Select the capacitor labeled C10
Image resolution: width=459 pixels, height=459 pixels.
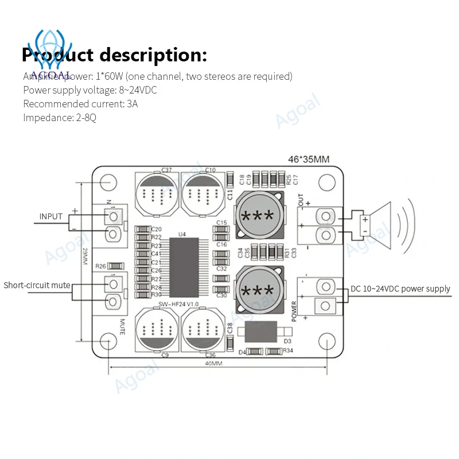click(x=201, y=193)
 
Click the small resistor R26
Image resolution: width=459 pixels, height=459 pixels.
click(x=116, y=266)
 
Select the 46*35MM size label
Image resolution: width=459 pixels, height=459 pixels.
click(x=309, y=160)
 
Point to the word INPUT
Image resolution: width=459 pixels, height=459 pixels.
click(x=50, y=217)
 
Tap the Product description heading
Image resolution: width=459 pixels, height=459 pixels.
click(x=114, y=56)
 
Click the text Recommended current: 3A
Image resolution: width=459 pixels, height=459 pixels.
click(x=80, y=104)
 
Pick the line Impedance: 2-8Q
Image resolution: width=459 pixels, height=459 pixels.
click(x=59, y=118)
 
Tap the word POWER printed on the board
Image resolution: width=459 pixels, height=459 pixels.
click(x=294, y=310)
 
